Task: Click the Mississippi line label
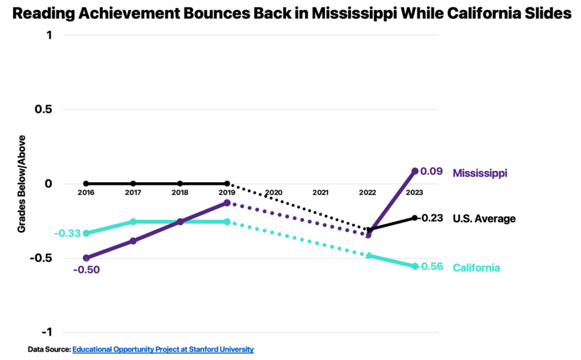(x=479, y=173)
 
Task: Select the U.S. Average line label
(x=484, y=219)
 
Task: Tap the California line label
(x=476, y=267)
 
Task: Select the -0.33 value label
(x=67, y=233)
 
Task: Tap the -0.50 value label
(x=86, y=269)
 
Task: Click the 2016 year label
(x=86, y=192)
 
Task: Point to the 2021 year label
(x=321, y=192)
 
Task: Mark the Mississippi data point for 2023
(x=415, y=171)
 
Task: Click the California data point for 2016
(x=86, y=233)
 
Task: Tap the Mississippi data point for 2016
(x=86, y=258)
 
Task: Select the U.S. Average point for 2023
(x=415, y=218)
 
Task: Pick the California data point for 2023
(x=415, y=266)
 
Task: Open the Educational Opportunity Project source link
(x=163, y=349)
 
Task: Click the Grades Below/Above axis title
(x=22, y=184)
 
